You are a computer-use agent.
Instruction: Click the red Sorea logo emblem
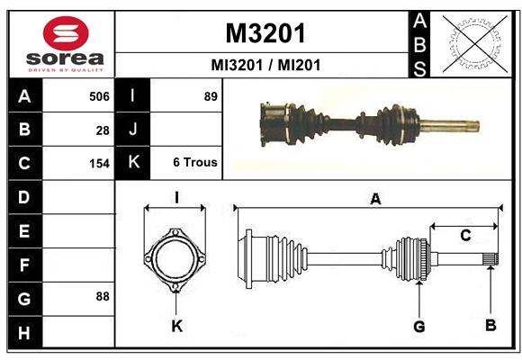66,33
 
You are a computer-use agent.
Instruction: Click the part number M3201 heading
265,33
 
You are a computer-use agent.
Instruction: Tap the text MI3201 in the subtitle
237,65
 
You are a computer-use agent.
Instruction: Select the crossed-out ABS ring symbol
475,44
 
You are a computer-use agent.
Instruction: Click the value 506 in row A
99,96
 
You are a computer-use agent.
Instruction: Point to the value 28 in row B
103,130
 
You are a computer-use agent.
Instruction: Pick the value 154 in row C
99,164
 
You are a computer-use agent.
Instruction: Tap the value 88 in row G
103,296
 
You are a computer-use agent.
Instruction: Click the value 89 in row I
211,96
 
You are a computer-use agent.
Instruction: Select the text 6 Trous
195,162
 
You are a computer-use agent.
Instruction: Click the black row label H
24,333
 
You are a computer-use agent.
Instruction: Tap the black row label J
132,130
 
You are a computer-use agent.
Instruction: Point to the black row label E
24,230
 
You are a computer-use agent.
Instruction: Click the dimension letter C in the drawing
465,236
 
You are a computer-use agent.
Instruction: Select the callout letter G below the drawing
419,327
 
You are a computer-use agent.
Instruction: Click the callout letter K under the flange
177,326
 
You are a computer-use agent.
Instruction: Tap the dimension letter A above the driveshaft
375,199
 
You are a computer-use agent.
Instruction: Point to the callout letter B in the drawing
490,325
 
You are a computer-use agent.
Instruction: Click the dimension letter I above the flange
176,197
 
